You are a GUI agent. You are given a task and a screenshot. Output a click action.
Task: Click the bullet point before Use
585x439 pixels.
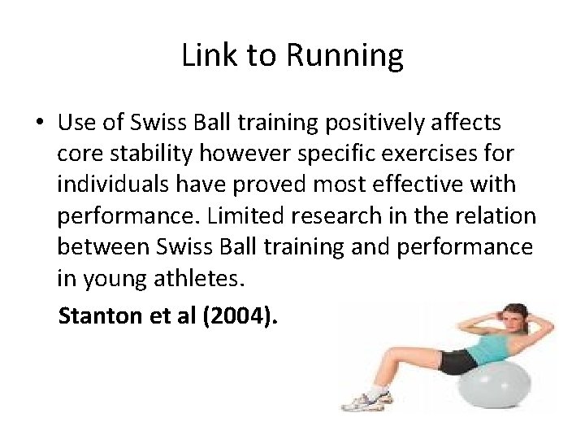[39, 124]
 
